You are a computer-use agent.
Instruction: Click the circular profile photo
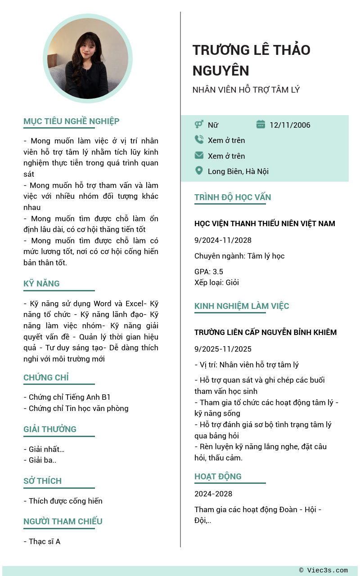click(88, 58)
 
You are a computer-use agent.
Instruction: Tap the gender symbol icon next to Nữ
click(199, 125)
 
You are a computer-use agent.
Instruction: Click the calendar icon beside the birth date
click(261, 125)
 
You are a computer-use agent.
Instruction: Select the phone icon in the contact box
click(199, 140)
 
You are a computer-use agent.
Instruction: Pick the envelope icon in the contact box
click(199, 156)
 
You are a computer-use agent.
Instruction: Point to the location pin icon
click(199, 171)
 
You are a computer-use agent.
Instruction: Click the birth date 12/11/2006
click(290, 125)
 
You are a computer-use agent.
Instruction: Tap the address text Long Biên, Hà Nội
click(238, 171)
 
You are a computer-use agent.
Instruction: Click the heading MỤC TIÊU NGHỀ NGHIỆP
click(71, 121)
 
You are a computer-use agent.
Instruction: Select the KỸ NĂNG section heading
click(41, 284)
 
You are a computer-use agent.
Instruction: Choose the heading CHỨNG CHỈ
click(46, 378)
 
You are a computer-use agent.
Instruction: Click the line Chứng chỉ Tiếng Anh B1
click(67, 397)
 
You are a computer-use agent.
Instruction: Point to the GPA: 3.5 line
click(209, 272)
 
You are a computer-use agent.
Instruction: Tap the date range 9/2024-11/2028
click(223, 240)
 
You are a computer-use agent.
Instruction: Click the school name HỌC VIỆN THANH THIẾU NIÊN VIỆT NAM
click(265, 223)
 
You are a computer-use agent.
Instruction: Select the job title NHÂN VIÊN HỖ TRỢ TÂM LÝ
click(246, 90)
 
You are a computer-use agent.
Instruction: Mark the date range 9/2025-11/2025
click(223, 349)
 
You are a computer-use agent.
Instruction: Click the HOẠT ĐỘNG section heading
click(218, 477)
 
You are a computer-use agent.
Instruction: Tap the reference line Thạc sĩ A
click(42, 541)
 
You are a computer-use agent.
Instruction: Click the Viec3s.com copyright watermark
click(324, 571)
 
